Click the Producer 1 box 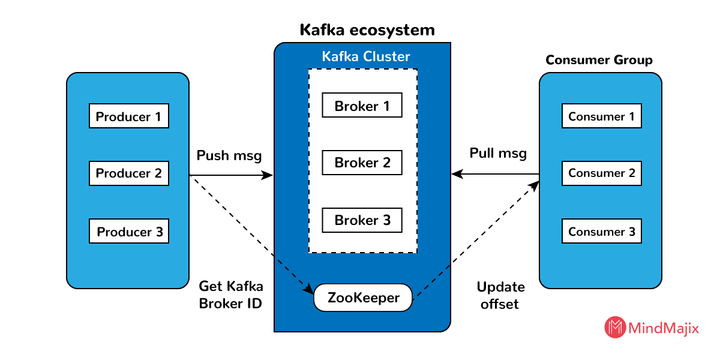pos(128,116)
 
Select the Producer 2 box pos(128,173)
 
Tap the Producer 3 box pos(128,232)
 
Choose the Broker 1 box pos(362,106)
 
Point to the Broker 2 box pos(362,163)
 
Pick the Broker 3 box pos(362,220)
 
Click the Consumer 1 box pos(601,116)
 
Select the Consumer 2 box pos(601,173)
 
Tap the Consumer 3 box pos(601,232)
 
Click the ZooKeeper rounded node pos(363,298)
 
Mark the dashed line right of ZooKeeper pos(432,281)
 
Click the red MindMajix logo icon pos(614,327)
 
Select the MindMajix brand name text pos(664,328)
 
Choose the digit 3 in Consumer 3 pos(631,232)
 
